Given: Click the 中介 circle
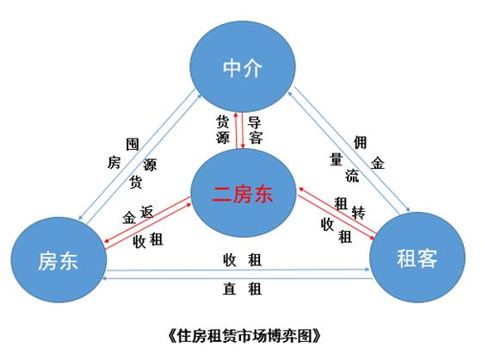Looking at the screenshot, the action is coord(243,66).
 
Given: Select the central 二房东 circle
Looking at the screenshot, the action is coord(243,193).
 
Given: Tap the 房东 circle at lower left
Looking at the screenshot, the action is coord(59,260).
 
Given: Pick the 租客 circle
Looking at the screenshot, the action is coord(417,258).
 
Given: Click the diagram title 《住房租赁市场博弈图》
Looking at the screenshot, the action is coord(244,336).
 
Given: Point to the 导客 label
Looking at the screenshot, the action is coord(255,130).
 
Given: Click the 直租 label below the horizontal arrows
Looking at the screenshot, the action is coord(242,289).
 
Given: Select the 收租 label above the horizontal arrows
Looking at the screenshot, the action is coord(242,260).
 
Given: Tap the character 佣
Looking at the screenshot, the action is coord(360,142).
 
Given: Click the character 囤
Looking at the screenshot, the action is coord(133,145).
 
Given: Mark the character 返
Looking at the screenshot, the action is coord(146,212).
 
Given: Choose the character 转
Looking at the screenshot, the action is coord(358,213).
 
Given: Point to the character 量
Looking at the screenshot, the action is coord(336,159).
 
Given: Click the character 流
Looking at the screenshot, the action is coord(352,176).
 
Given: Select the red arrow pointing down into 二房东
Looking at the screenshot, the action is coord(243,130).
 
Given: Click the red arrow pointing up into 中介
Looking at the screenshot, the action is coord(236,130).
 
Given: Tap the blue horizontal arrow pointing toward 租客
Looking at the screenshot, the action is coord(238,270).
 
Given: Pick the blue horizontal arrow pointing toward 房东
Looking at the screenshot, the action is coord(238,278).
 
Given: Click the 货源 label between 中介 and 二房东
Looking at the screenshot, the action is coord(223,129).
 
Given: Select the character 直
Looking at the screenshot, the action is coord(230,289).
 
